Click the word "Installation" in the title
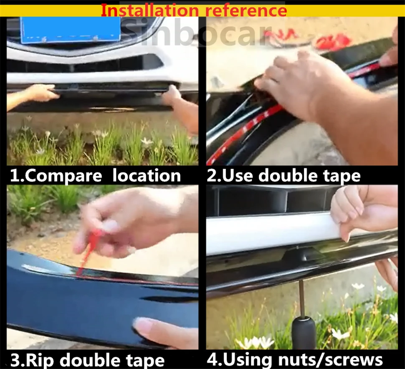149,10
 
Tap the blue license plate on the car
70,29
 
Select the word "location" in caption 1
147,175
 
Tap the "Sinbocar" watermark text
196,32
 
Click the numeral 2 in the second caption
212,176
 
